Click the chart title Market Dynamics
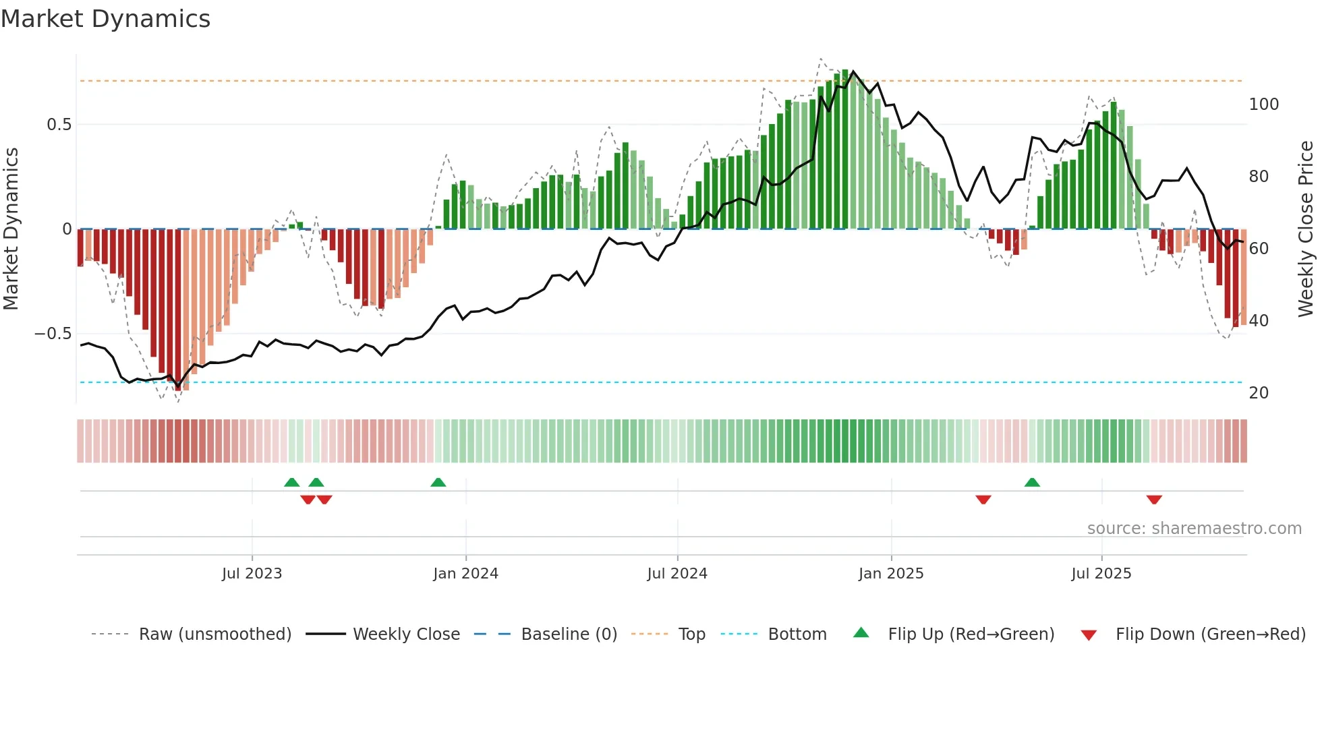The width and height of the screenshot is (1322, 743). [x=105, y=19]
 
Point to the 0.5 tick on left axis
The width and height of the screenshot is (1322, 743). [x=59, y=125]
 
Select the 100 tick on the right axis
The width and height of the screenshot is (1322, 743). [x=1263, y=105]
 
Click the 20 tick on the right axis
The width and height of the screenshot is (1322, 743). [x=1259, y=393]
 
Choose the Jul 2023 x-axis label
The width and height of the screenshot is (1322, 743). [x=252, y=574]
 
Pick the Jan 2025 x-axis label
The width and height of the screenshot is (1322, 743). [x=890, y=574]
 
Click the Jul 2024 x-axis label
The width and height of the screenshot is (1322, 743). [x=677, y=574]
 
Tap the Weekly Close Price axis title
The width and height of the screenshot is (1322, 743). [x=1306, y=229]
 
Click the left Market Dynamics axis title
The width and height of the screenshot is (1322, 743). [x=11, y=229]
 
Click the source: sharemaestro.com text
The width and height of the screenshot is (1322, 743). [x=1194, y=529]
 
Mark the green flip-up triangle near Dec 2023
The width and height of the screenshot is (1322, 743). [x=438, y=482]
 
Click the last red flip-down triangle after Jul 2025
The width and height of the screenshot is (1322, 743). [x=1154, y=500]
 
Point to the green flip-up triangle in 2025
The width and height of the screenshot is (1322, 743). [x=1032, y=482]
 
